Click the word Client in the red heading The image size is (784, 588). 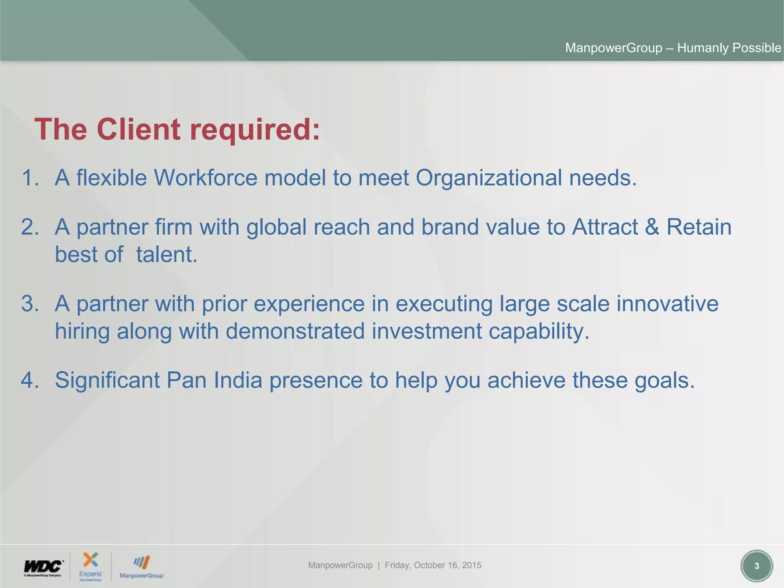pyautogui.click(x=138, y=129)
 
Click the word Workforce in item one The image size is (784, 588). pyautogui.click(x=205, y=178)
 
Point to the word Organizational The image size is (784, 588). pyautogui.click(x=488, y=178)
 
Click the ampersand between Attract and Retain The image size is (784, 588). pyautogui.click(x=652, y=227)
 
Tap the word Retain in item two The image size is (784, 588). pyautogui.click(x=699, y=227)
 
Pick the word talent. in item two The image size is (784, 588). pyautogui.click(x=167, y=255)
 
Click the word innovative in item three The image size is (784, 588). pyautogui.click(x=667, y=304)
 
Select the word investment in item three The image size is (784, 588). pyautogui.click(x=426, y=331)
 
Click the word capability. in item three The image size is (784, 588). pyautogui.click(x=539, y=331)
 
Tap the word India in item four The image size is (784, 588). pyautogui.click(x=238, y=380)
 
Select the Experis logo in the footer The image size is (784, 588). pyautogui.click(x=91, y=566)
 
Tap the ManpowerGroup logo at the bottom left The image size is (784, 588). pyautogui.click(x=142, y=567)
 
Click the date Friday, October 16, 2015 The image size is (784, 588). pyautogui.click(x=433, y=565)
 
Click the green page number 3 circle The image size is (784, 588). pyautogui.click(x=756, y=566)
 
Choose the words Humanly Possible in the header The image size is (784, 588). pyautogui.click(x=729, y=48)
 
